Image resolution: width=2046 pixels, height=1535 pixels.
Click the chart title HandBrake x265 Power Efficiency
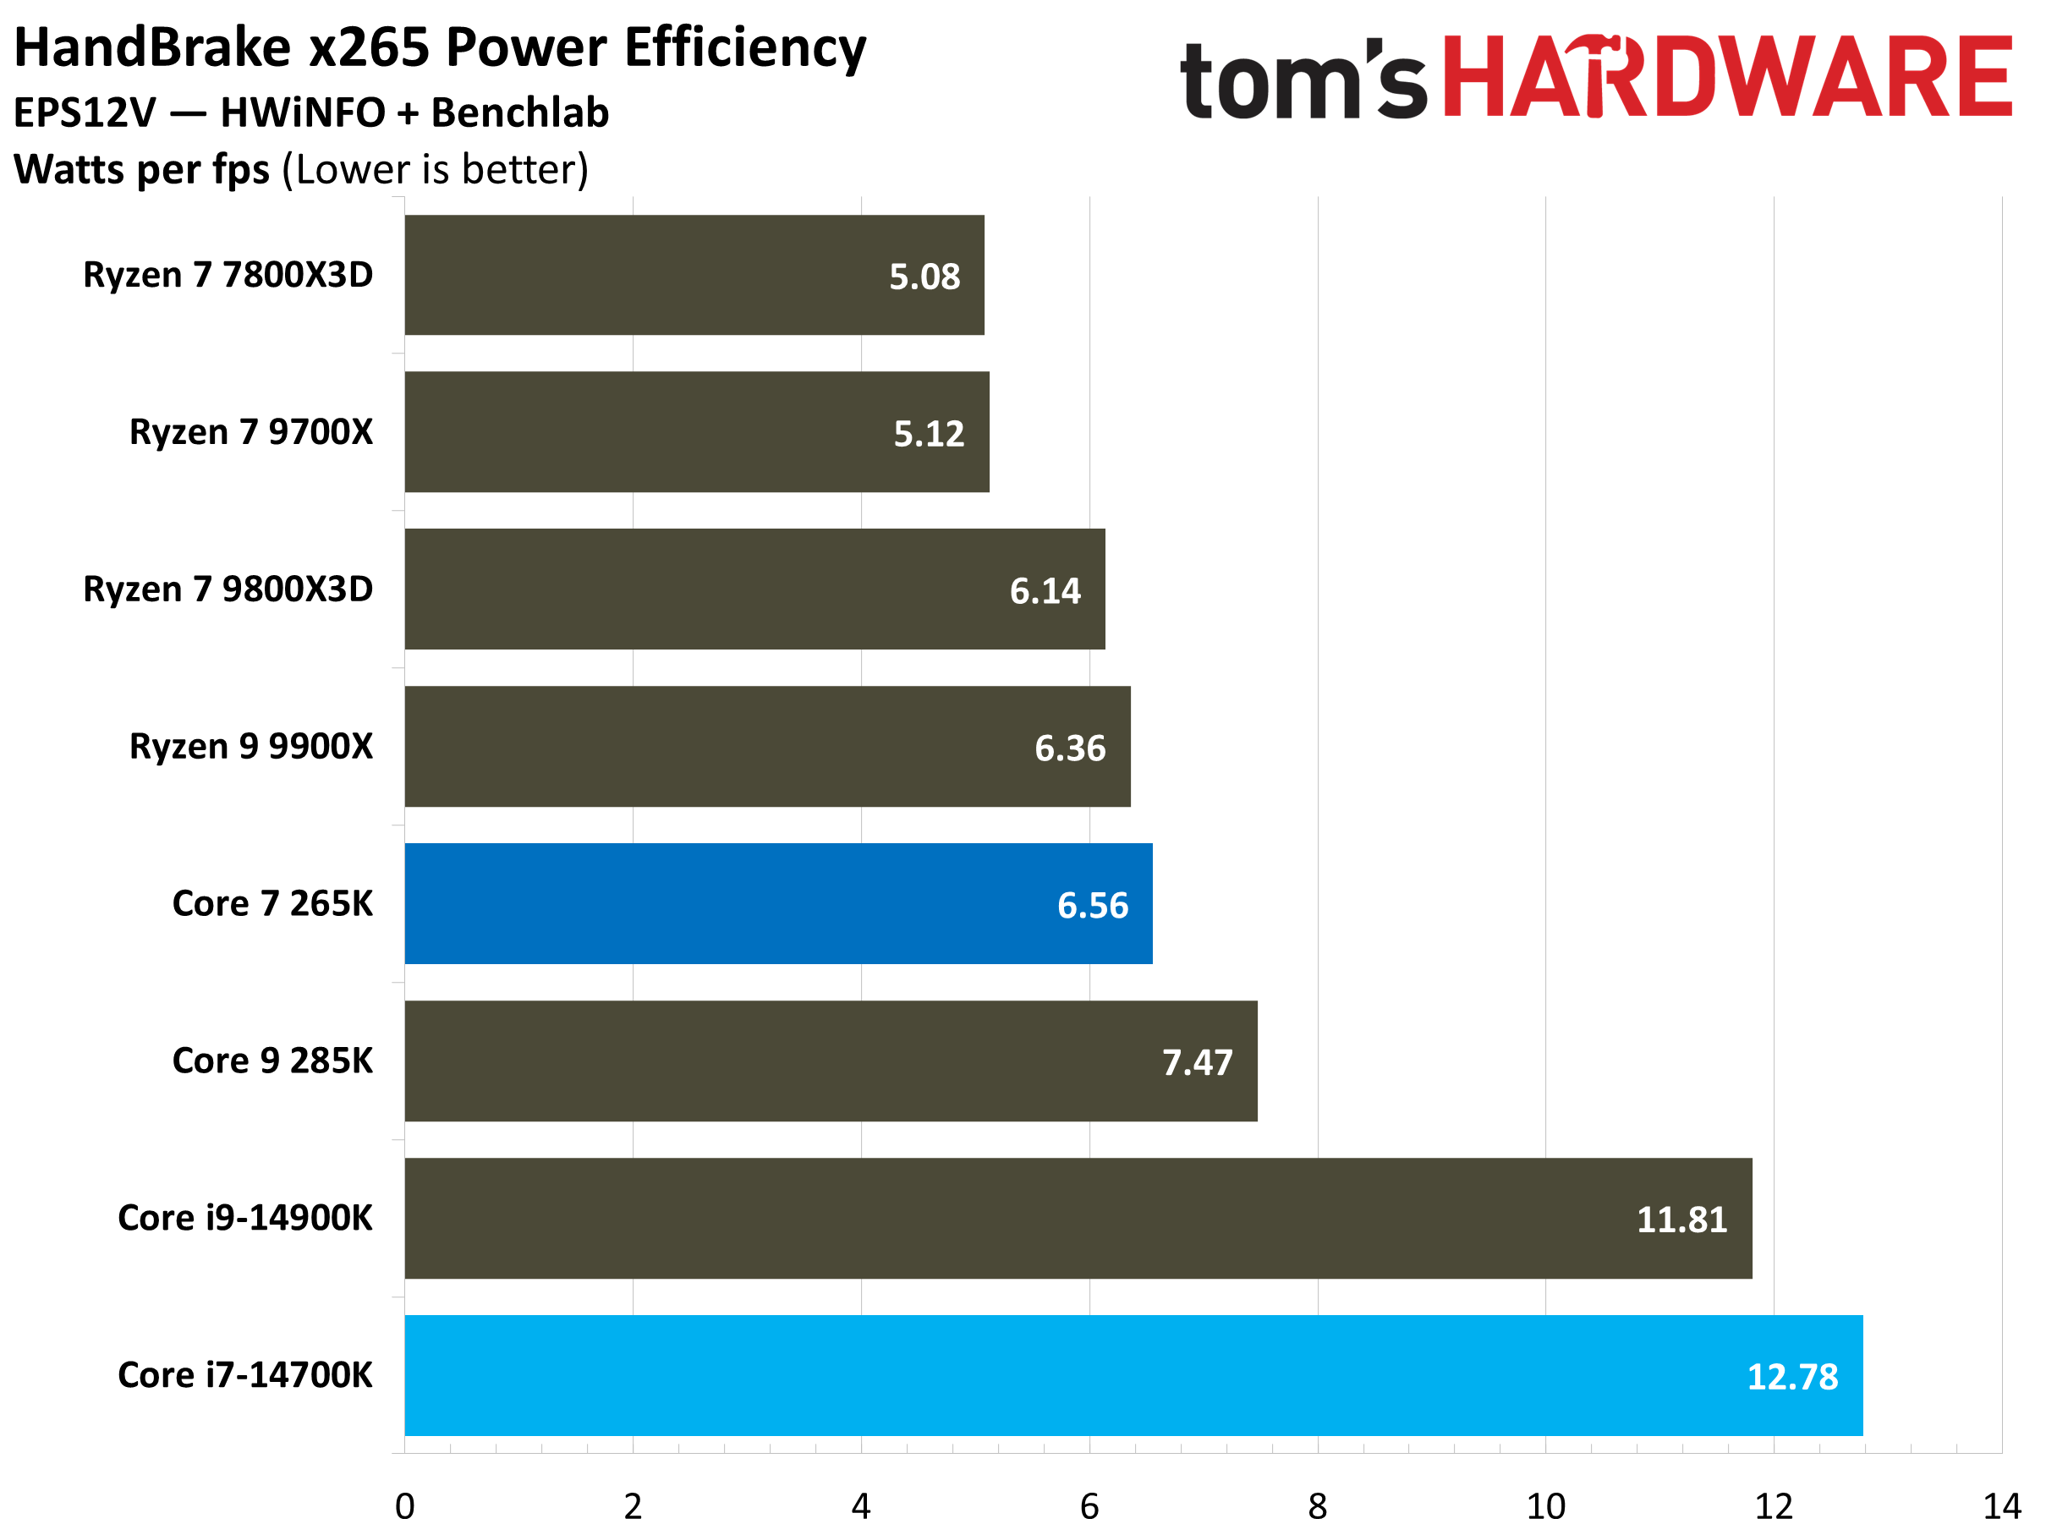pos(441,48)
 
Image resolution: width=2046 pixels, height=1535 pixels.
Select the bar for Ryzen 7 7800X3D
pos(694,276)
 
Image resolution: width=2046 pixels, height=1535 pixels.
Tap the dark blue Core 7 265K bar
pos(778,903)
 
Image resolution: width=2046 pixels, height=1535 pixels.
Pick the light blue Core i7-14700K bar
pos(1133,1375)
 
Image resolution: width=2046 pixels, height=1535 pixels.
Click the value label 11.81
pos(1681,1220)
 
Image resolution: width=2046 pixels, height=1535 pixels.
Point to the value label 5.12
pos(929,434)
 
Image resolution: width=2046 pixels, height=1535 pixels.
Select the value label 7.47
pos(1197,1062)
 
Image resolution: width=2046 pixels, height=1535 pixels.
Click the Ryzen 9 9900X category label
pos(250,746)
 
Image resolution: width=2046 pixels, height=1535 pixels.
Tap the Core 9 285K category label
pos(272,1061)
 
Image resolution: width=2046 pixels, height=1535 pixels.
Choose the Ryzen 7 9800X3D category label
pos(228,589)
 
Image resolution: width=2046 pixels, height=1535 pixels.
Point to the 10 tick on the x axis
pos(1545,1507)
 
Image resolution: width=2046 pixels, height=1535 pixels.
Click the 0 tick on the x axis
pos(405,1507)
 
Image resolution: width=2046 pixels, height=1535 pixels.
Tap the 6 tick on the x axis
pos(1089,1507)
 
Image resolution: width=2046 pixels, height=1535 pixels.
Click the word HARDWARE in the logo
pos(1726,78)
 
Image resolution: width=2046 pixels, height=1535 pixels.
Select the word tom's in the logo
pos(1304,81)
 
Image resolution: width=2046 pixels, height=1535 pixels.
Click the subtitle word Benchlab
pos(520,112)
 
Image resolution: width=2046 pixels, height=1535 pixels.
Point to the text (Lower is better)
pos(435,170)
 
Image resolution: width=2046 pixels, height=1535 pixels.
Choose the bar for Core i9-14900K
pos(1078,1218)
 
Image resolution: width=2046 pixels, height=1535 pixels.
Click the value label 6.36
pos(1069,748)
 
